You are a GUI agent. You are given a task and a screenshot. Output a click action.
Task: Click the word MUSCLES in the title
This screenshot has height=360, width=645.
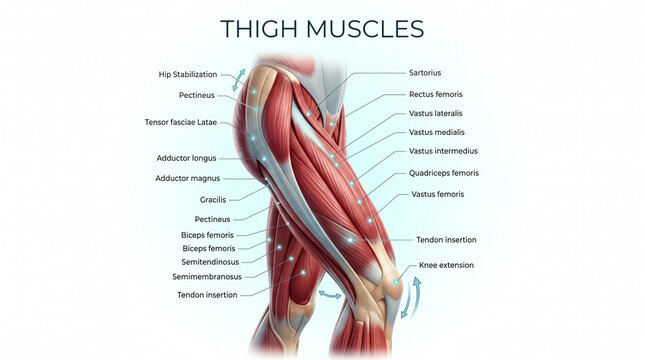pyautogui.click(x=365, y=29)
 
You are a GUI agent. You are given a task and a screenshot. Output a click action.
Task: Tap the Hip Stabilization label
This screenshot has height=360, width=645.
pyautogui.click(x=188, y=74)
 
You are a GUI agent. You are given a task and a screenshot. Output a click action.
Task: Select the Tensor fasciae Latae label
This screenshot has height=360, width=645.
pyautogui.click(x=181, y=122)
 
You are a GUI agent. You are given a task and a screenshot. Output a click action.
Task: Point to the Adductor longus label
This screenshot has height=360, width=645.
pyautogui.click(x=186, y=158)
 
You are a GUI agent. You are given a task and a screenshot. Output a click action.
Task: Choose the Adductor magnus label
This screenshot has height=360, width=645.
pyautogui.click(x=188, y=178)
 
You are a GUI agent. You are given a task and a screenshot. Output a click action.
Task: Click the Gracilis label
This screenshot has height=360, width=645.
pyautogui.click(x=213, y=200)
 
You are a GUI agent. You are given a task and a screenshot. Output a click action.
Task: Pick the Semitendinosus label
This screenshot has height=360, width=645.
pyautogui.click(x=210, y=262)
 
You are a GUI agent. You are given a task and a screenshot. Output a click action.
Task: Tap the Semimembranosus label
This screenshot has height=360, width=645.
pyautogui.click(x=207, y=276)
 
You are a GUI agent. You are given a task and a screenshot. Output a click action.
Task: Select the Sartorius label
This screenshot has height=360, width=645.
pyautogui.click(x=425, y=73)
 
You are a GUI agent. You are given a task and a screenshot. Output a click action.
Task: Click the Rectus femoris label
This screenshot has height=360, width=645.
pyautogui.click(x=436, y=94)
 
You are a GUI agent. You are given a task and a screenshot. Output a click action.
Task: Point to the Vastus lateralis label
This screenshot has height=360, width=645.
pyautogui.click(x=436, y=113)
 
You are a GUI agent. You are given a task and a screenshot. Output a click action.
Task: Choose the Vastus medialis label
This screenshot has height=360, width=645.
pyautogui.click(x=436, y=132)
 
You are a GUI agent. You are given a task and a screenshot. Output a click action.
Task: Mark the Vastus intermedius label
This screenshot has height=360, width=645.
pyautogui.click(x=443, y=151)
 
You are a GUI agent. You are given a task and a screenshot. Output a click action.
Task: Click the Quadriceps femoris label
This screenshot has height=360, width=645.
pyautogui.click(x=444, y=173)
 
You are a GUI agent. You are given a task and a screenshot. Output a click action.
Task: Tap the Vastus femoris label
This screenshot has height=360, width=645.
pyautogui.click(x=438, y=194)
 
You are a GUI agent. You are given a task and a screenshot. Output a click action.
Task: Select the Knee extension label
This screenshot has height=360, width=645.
pyautogui.click(x=446, y=265)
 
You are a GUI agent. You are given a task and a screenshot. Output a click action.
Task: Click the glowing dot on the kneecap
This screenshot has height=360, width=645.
pyautogui.click(x=396, y=282)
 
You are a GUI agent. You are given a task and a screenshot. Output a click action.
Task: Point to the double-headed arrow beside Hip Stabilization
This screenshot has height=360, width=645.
pyautogui.click(x=239, y=80)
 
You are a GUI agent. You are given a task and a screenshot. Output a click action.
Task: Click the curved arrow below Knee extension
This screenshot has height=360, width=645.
pyautogui.click(x=413, y=297)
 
